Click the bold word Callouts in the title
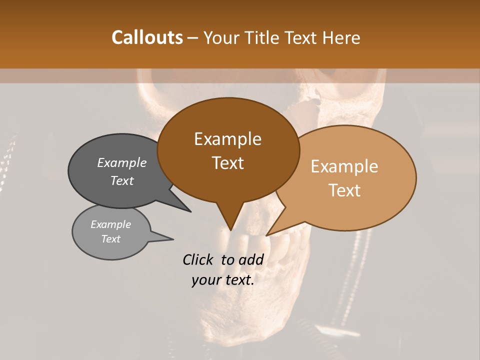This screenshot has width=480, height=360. (147, 37)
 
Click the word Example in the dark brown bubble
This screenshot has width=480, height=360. (227, 139)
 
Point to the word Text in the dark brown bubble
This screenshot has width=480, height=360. (227, 163)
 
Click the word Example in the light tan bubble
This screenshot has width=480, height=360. (344, 166)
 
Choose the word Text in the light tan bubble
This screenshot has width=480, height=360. (344, 190)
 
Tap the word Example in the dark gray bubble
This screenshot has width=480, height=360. (122, 162)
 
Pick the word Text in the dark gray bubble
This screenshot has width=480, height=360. (122, 180)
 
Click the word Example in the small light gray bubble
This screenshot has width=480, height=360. (111, 224)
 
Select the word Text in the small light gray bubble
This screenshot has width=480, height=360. (111, 239)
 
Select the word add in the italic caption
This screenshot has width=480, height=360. (251, 259)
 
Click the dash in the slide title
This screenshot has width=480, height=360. (193, 38)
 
